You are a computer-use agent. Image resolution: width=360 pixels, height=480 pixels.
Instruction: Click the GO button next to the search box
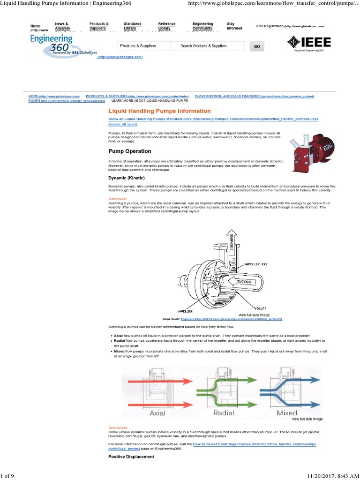point(256,46)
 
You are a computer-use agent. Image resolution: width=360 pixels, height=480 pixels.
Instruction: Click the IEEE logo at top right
point(309,42)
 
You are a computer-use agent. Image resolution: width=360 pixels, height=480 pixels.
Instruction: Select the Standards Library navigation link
point(133,26)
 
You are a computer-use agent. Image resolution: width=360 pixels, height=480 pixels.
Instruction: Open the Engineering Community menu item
point(203,26)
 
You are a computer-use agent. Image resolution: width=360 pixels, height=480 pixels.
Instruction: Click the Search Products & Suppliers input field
point(206,46)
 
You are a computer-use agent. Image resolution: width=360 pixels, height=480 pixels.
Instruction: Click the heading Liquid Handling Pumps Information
point(159,111)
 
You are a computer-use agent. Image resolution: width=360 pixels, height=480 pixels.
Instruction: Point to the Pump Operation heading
point(130,151)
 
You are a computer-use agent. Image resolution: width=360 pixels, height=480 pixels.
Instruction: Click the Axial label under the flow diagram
point(157,413)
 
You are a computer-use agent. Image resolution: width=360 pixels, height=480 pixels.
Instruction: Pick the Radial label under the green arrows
point(224,413)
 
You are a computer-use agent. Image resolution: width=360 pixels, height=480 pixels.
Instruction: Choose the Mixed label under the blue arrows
point(287,413)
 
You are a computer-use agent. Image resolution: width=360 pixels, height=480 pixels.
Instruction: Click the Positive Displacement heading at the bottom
point(131,457)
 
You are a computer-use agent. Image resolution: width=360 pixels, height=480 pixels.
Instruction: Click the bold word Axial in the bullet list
point(119,336)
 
